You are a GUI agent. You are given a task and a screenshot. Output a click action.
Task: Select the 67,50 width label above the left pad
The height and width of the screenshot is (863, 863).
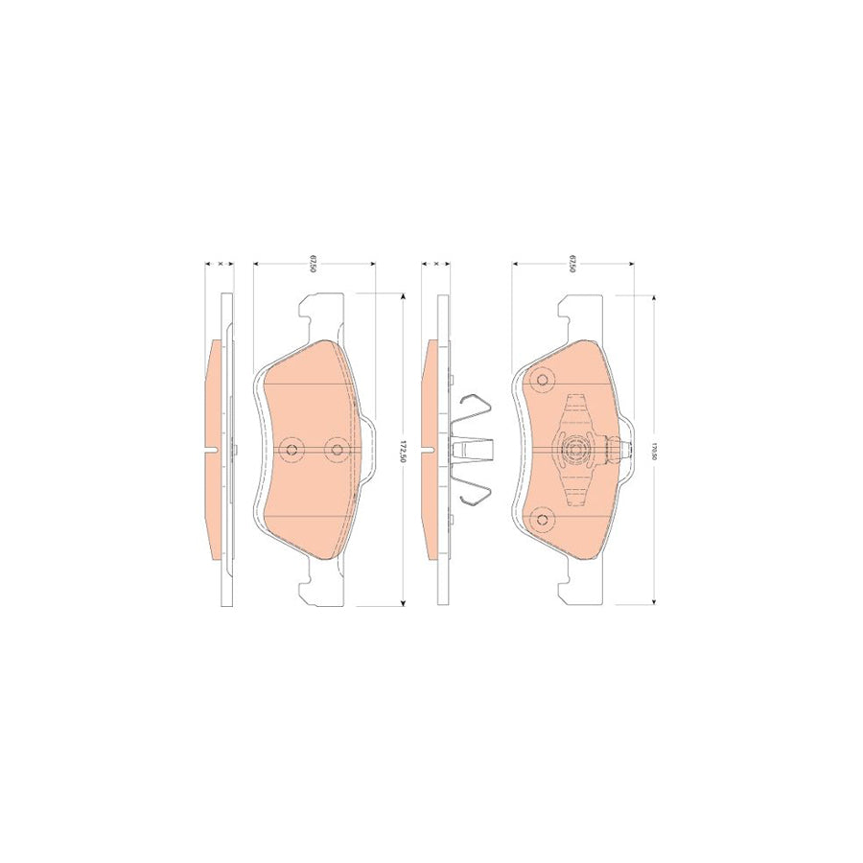point(314,265)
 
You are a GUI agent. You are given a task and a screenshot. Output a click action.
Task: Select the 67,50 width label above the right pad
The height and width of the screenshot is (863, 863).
point(572,265)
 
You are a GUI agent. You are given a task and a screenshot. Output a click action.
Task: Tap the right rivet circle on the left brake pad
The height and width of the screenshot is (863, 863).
point(336,449)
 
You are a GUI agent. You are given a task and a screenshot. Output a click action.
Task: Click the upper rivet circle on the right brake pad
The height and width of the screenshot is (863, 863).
point(544,382)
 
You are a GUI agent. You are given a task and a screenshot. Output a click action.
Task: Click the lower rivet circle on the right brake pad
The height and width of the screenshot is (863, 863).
point(544,519)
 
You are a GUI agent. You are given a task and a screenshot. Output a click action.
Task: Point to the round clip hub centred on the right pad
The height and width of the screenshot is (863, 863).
point(576,450)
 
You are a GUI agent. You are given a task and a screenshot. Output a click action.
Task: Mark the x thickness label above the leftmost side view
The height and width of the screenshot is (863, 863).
point(221,262)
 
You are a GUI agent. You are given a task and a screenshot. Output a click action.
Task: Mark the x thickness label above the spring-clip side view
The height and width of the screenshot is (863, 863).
point(435,262)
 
